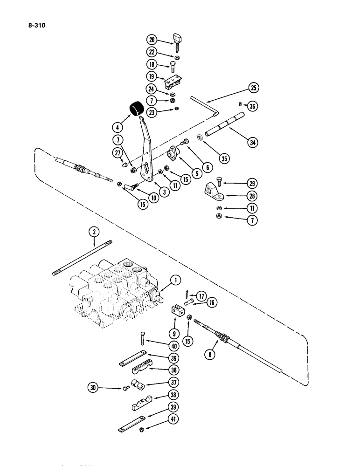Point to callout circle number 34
pos(253,142)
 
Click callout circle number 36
pos(253,106)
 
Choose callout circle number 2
pos(95,232)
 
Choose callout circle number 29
pos(252,183)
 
